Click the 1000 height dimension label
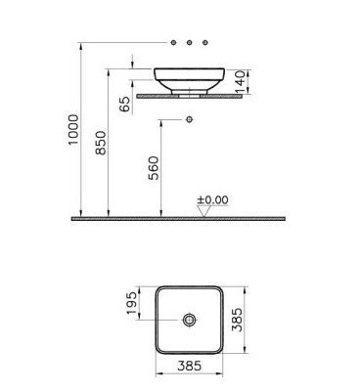(x=73, y=129)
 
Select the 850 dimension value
(x=101, y=143)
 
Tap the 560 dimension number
(x=154, y=168)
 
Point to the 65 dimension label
(x=124, y=104)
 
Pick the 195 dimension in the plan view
(x=131, y=303)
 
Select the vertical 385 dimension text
(x=237, y=320)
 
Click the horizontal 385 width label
(x=190, y=366)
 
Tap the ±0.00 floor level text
(x=212, y=199)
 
